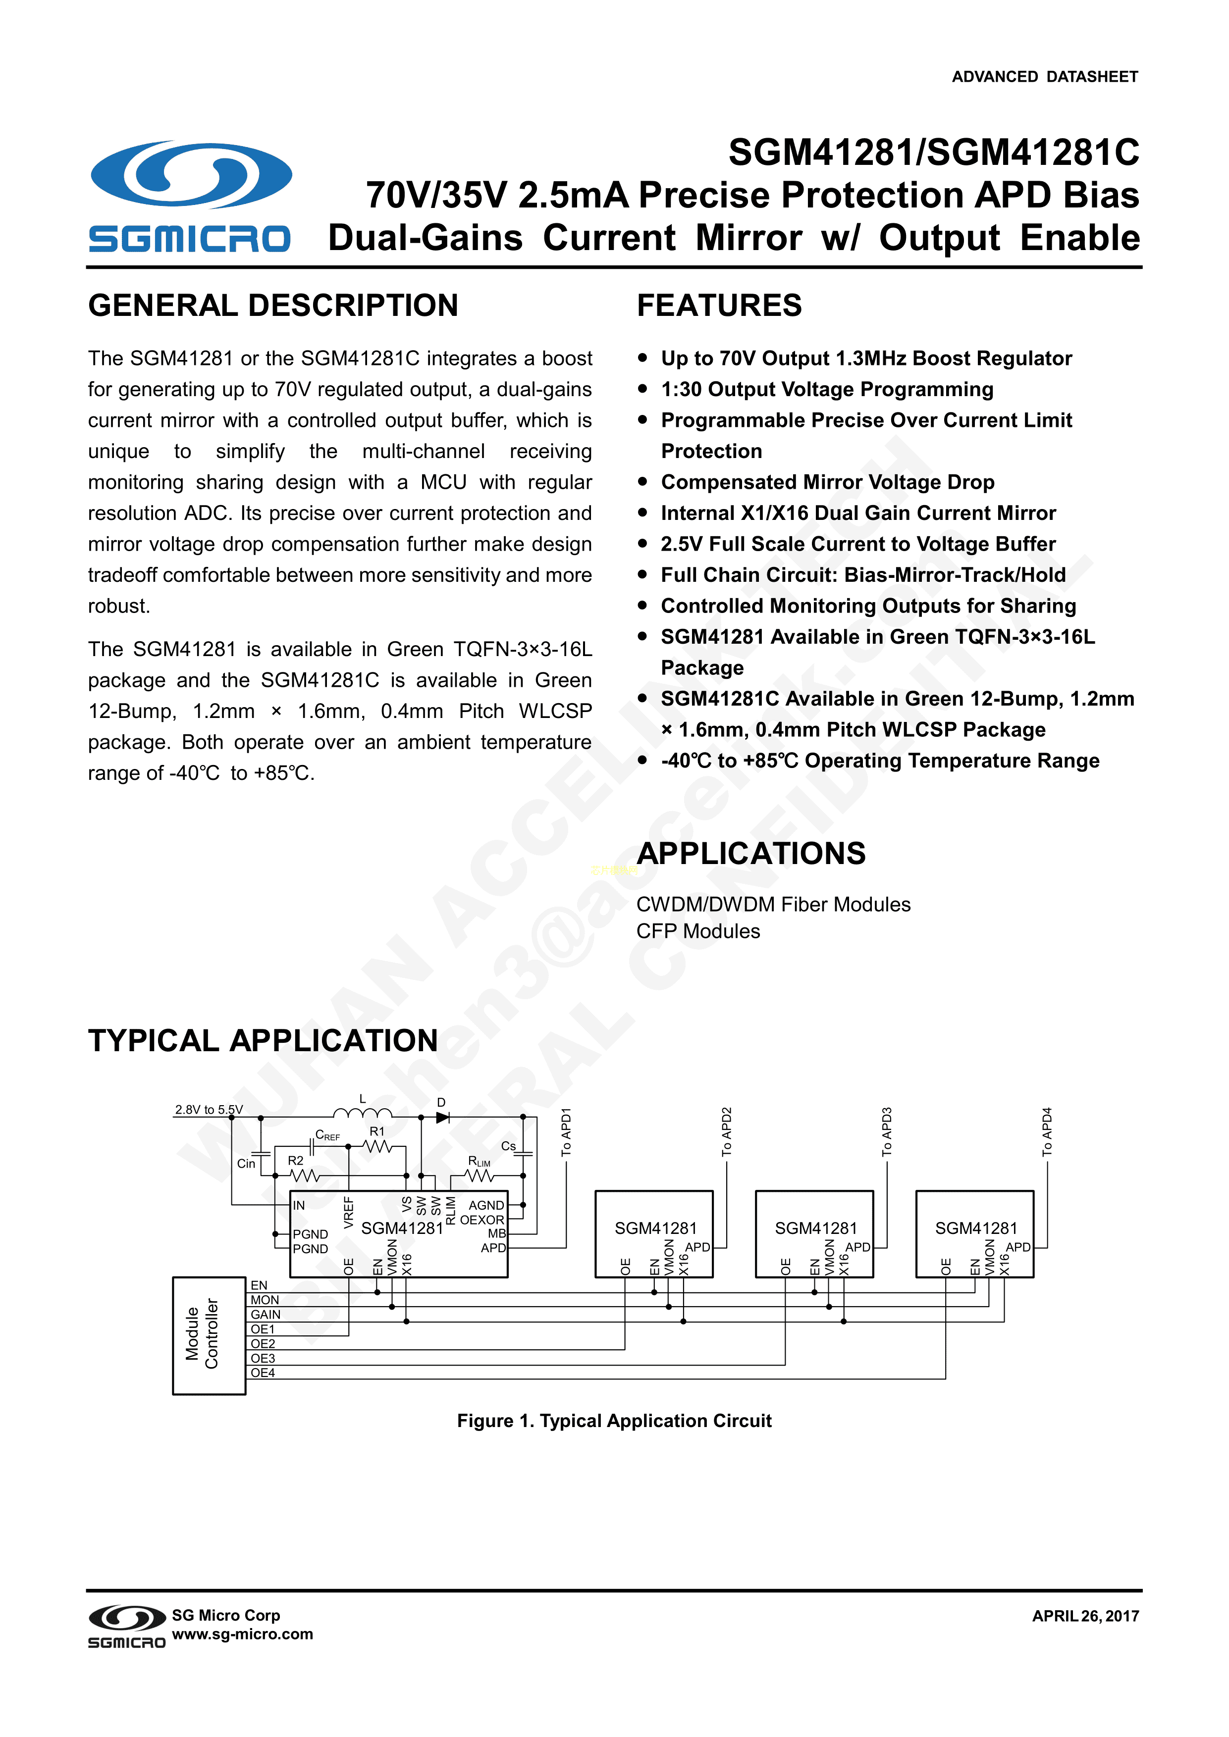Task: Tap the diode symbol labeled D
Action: tap(443, 1117)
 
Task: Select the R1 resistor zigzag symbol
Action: tap(377, 1147)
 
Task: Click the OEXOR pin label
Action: tap(482, 1220)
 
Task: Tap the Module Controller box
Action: tap(209, 1335)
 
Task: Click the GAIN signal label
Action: tap(266, 1314)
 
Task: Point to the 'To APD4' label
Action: tap(1047, 1131)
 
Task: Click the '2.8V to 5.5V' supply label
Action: tap(209, 1110)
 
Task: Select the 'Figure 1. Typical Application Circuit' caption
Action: tap(614, 1421)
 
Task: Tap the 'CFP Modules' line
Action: tap(698, 931)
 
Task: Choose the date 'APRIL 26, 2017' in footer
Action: tap(1085, 1616)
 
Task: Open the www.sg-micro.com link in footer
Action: tap(242, 1634)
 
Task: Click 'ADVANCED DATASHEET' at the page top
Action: tap(1044, 76)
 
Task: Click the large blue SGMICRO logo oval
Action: tap(191, 174)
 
